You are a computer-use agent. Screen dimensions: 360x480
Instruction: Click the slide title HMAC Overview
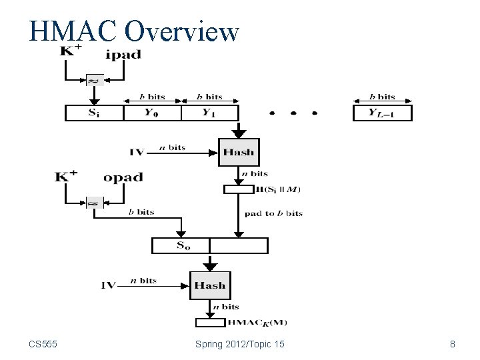pos(133,31)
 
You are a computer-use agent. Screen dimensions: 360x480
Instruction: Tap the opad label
pos(123,178)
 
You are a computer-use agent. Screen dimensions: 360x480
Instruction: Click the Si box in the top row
pos(94,113)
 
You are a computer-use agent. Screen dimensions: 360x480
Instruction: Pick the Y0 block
pos(152,113)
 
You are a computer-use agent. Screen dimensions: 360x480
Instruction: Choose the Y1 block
pos(209,113)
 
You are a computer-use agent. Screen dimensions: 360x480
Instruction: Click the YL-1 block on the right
pos(382,113)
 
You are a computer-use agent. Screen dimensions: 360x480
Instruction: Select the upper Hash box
pos(238,152)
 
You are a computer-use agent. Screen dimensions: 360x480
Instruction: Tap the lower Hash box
pos(209,285)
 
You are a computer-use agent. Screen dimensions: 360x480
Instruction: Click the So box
pos(181,245)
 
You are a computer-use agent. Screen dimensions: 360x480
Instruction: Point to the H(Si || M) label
pos(278,189)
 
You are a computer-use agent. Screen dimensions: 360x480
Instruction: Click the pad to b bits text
pos(273,213)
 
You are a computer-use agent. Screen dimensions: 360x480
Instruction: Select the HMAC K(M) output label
pos(257,323)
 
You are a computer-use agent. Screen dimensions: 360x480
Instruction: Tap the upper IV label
pos(137,152)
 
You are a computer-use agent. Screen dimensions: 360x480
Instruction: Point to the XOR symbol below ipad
pos(94,80)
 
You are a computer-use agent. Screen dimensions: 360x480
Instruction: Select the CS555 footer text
pos(43,345)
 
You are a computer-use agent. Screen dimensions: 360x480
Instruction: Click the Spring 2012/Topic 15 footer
pos(240,345)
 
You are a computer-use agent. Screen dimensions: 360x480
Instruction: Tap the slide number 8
pos(453,345)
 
